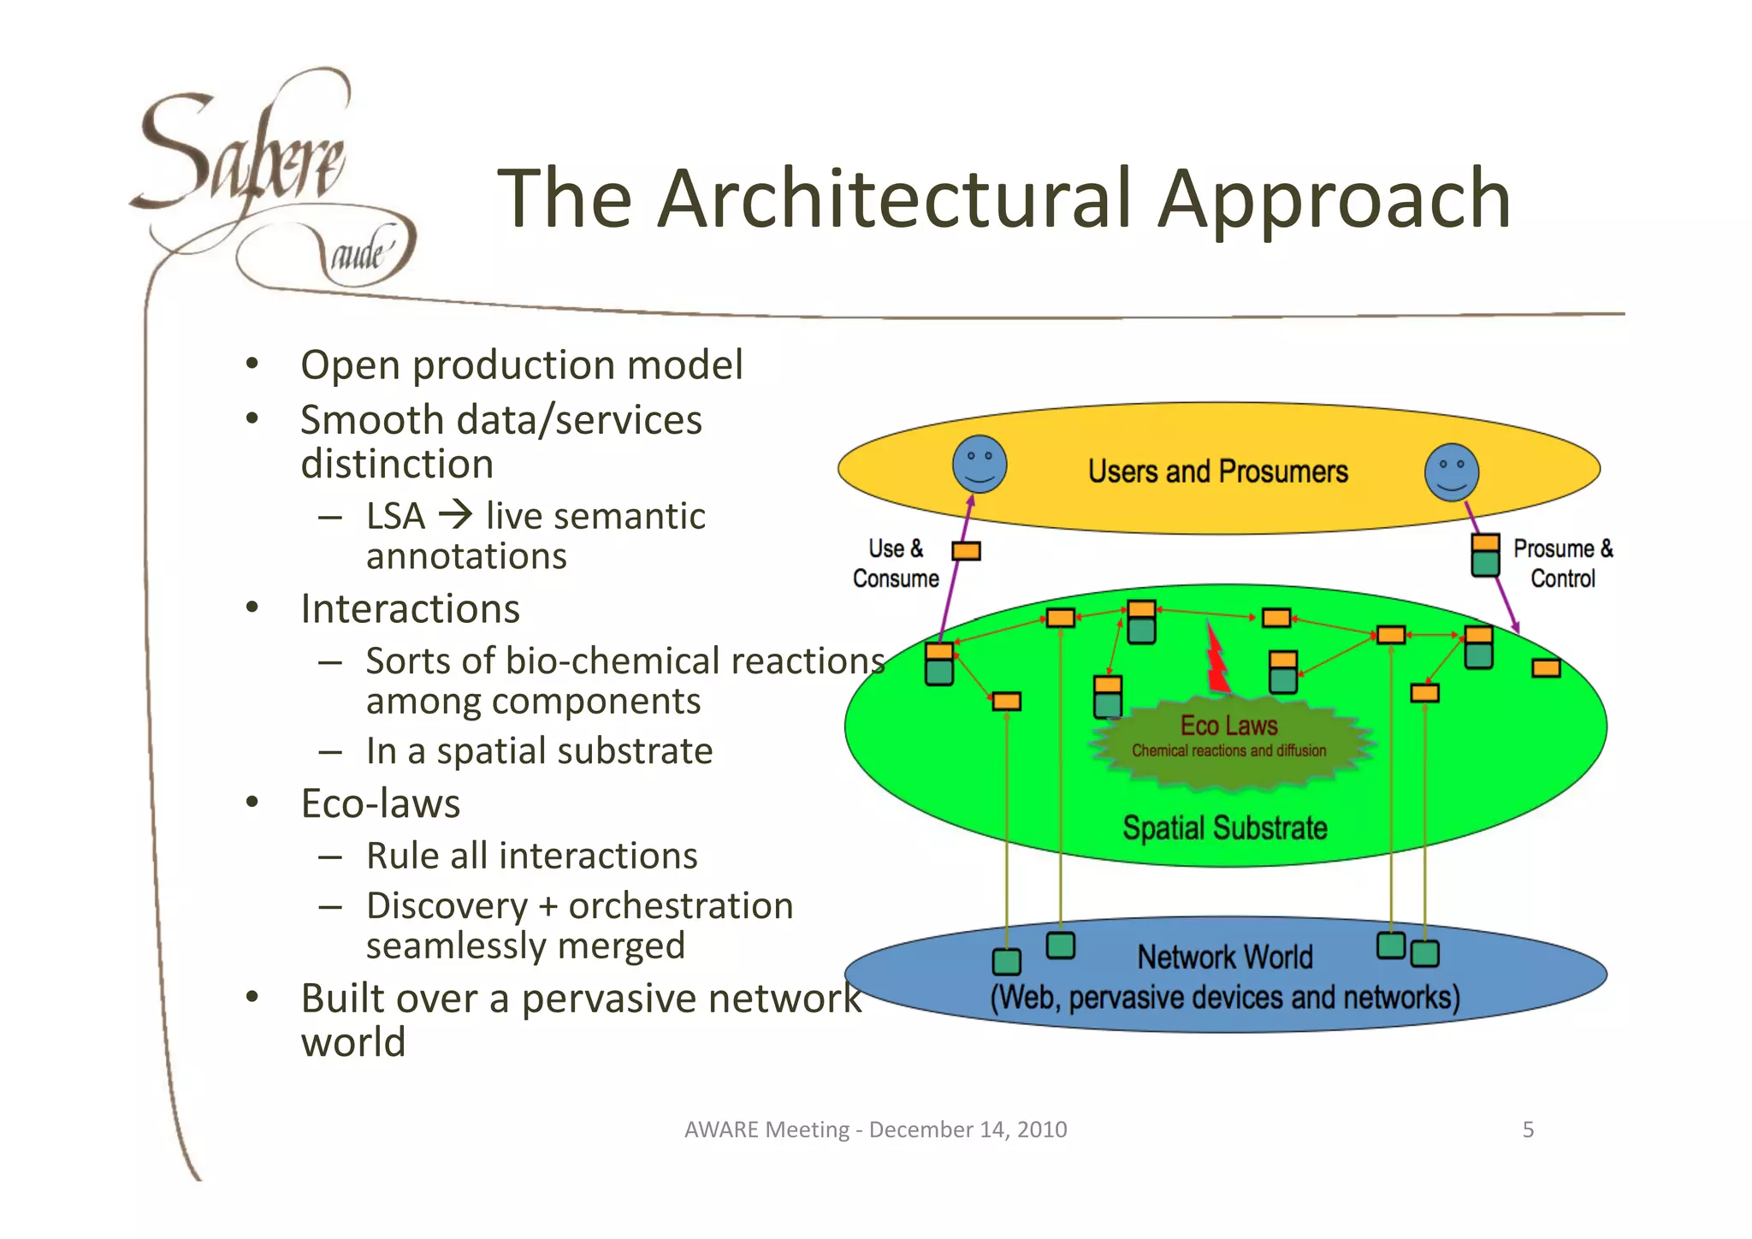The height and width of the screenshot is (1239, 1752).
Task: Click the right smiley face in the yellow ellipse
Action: click(1452, 472)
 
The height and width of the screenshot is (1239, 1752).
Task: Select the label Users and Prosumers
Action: click(1217, 471)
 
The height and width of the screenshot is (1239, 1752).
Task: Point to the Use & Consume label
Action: click(896, 564)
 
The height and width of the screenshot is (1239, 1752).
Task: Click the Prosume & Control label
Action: click(1562, 564)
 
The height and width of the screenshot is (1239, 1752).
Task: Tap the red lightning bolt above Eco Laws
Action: click(1216, 659)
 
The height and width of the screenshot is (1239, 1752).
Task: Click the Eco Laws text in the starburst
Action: click(1228, 726)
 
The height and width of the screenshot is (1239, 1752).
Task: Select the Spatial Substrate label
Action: click(1224, 828)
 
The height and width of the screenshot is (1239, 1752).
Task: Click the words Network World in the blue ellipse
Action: click(1224, 957)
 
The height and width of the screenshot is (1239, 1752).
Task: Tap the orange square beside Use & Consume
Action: click(966, 551)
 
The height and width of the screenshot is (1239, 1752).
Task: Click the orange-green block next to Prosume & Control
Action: click(1485, 554)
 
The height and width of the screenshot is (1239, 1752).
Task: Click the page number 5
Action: click(1528, 1129)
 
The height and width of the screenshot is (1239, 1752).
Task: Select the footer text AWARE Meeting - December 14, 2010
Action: click(875, 1129)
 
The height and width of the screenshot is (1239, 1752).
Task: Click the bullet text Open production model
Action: click(521, 365)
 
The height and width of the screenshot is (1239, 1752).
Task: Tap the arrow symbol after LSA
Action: click(455, 515)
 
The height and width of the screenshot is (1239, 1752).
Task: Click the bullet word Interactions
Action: click(410, 609)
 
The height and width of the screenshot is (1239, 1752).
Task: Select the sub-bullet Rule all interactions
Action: click(531, 856)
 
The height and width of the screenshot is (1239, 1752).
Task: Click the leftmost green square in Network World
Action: click(1007, 962)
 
